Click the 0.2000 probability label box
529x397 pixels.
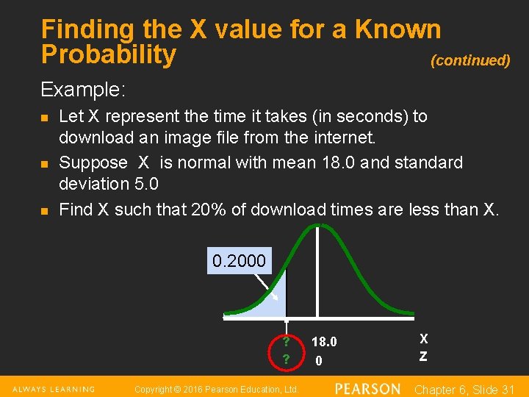pyautogui.click(x=239, y=261)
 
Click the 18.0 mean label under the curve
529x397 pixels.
pyautogui.click(x=324, y=342)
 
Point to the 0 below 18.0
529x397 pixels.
pyautogui.click(x=318, y=360)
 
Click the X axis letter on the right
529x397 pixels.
pyautogui.click(x=424, y=339)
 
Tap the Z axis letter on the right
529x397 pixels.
pyautogui.click(x=423, y=357)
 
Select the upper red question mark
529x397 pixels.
pyautogui.click(x=286, y=342)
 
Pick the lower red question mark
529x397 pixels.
pyautogui.click(x=286, y=360)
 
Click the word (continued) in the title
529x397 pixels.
pyautogui.click(x=470, y=61)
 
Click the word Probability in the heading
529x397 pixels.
pyautogui.click(x=109, y=54)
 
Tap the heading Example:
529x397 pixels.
pyautogui.click(x=83, y=90)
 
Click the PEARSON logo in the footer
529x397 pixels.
pyautogui.click(x=367, y=388)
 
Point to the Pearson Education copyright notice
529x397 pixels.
pyautogui.click(x=217, y=389)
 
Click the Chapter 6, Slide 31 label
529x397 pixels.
pyautogui.click(x=464, y=389)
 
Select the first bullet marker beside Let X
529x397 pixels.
pyautogui.click(x=45, y=118)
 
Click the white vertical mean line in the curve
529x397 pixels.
pyautogui.click(x=317, y=272)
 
